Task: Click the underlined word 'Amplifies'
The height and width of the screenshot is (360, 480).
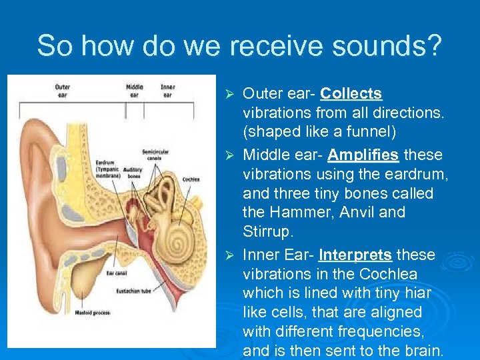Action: click(363, 155)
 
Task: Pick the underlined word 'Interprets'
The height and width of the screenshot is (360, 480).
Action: click(355, 255)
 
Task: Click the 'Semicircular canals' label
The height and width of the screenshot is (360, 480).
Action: click(155, 154)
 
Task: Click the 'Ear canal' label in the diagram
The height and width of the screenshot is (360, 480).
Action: click(117, 273)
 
